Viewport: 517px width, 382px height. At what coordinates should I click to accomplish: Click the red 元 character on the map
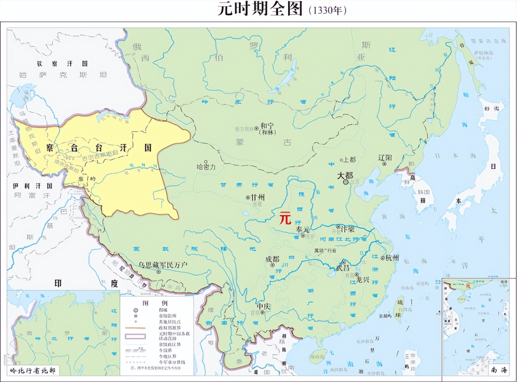pyautogui.click(x=285, y=218)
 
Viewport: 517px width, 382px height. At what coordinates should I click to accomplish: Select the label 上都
pyautogui.click(x=349, y=160)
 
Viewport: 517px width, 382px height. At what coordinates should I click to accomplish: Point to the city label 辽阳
pyautogui.click(x=385, y=157)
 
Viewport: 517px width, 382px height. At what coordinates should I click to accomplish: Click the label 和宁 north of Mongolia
pyautogui.click(x=267, y=126)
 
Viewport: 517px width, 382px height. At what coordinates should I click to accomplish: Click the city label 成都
pyautogui.click(x=273, y=259)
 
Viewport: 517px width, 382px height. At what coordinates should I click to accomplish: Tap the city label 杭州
pyautogui.click(x=392, y=257)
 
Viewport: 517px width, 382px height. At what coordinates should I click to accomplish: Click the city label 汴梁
pyautogui.click(x=347, y=228)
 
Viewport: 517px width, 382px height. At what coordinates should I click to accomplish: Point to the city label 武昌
pyautogui.click(x=343, y=268)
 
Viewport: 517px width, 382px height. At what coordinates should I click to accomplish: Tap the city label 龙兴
pyautogui.click(x=362, y=279)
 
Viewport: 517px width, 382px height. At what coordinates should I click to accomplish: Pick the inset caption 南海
pyautogui.click(x=500, y=369)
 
